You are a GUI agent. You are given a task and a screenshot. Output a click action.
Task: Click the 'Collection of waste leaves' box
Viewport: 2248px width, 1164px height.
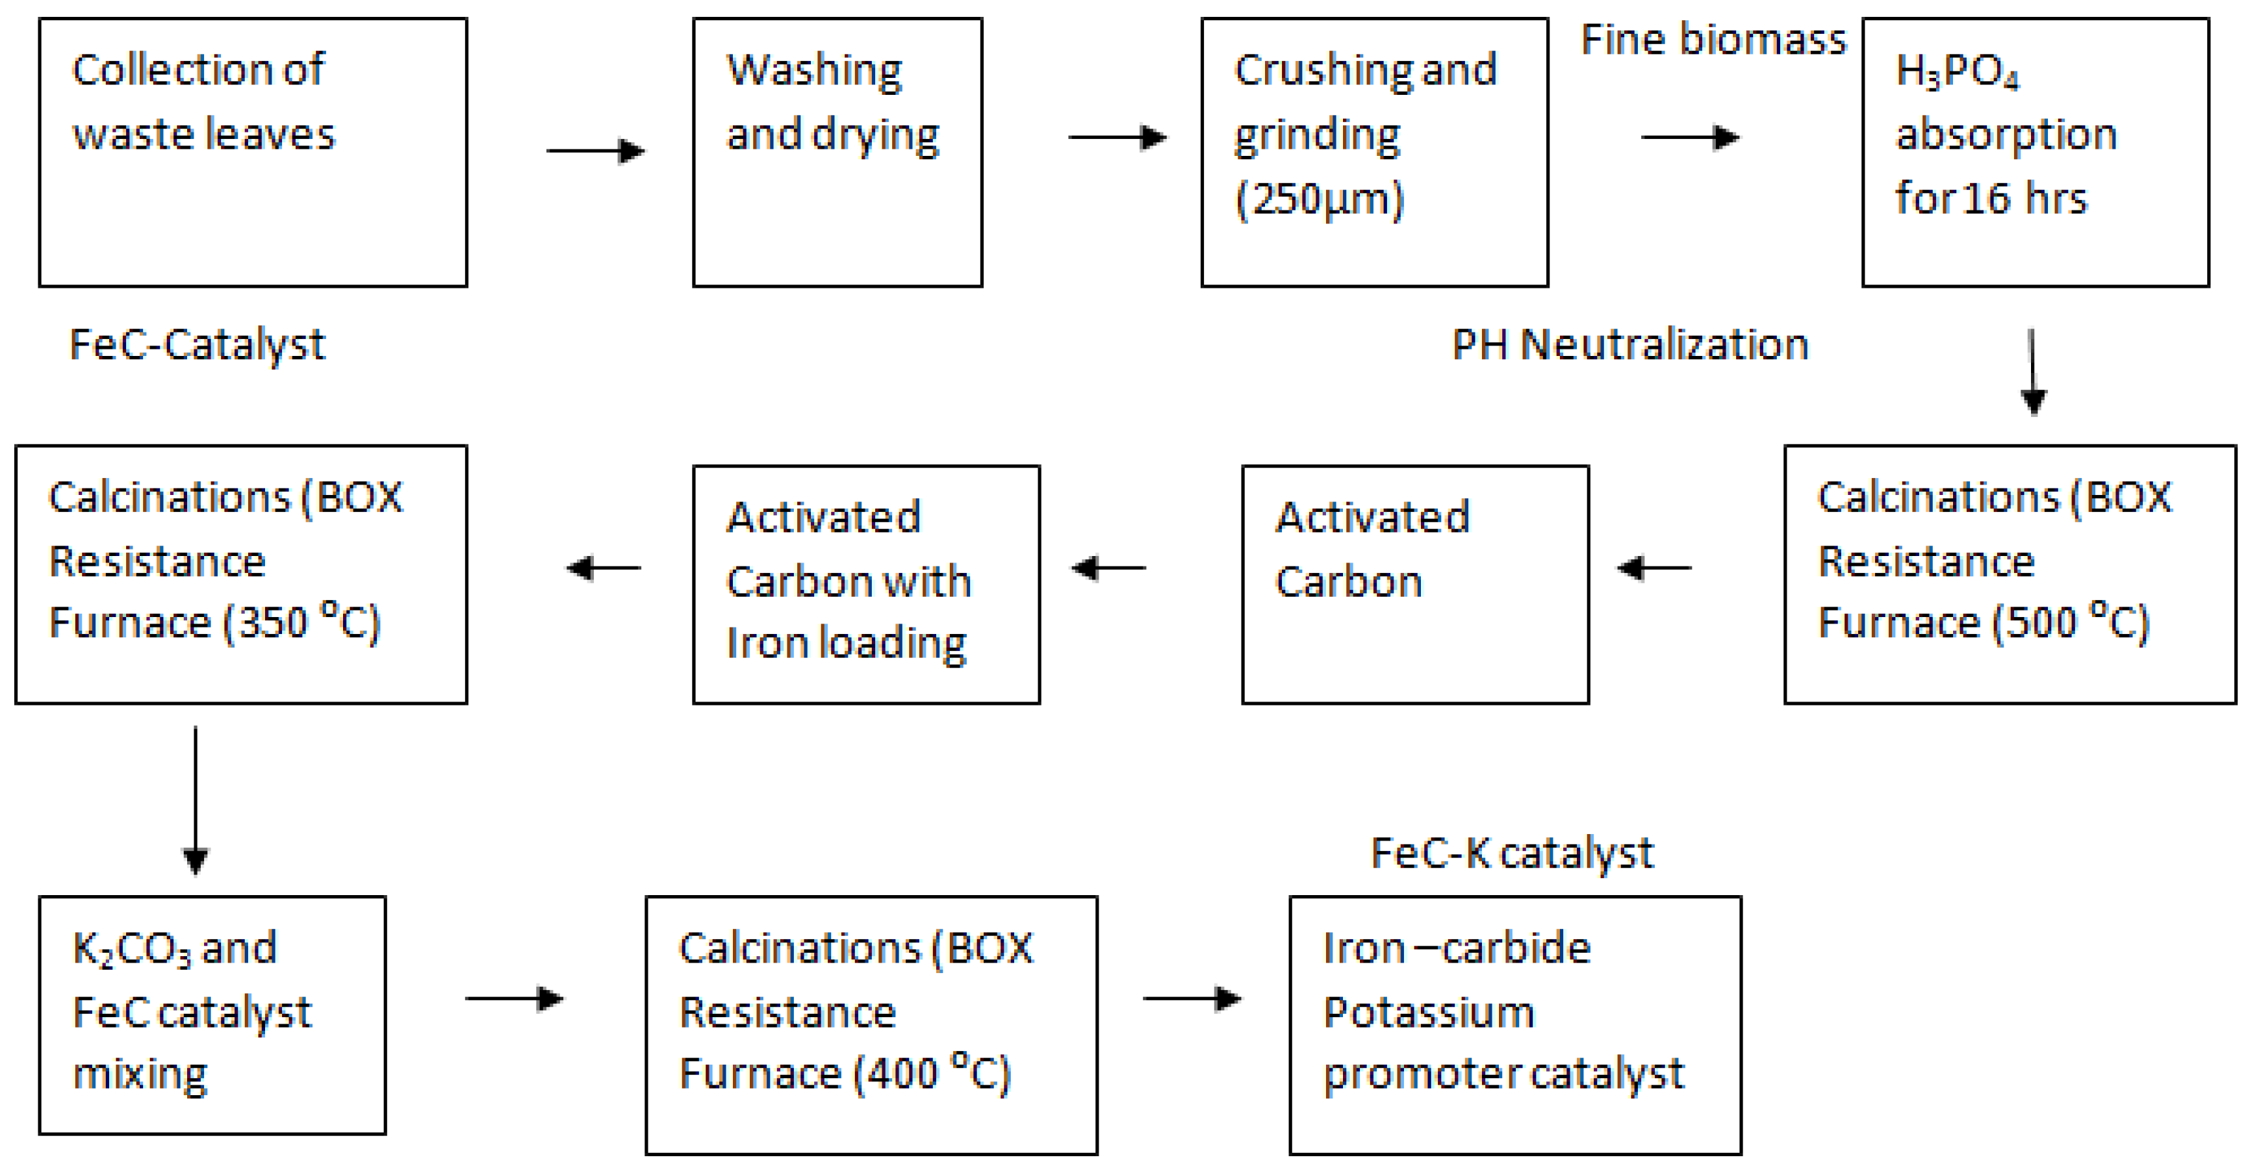click(253, 152)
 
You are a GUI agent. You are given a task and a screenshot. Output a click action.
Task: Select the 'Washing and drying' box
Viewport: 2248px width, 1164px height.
click(837, 152)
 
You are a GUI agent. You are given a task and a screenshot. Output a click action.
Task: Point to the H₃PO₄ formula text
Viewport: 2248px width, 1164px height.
click(1956, 71)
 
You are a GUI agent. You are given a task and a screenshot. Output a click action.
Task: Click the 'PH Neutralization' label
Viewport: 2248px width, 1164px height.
click(1629, 345)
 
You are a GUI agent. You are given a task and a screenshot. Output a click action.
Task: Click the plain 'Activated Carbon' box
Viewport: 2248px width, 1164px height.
click(1414, 584)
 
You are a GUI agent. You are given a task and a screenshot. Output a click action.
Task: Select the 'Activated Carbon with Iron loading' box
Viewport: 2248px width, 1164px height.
click(865, 584)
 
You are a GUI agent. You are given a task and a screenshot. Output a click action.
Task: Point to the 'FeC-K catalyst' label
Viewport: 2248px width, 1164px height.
click(1511, 854)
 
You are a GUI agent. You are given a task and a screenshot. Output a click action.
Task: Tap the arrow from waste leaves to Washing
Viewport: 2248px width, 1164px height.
click(595, 151)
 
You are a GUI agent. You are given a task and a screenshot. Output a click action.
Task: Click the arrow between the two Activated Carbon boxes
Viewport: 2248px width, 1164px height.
click(1108, 568)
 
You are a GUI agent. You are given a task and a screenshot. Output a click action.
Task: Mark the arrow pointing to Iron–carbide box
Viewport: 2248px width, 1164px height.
click(1192, 998)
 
